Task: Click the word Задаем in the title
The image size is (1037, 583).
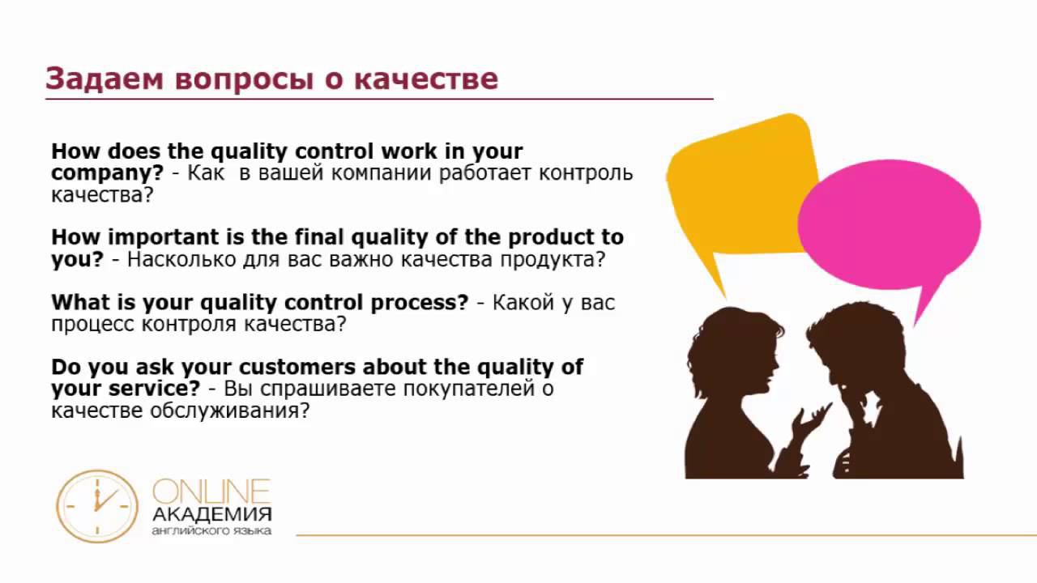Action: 105,79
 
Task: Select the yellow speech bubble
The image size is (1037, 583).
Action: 740,194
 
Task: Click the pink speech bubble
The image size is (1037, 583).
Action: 889,227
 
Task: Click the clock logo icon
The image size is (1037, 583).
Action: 97,506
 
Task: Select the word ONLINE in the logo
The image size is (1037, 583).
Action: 211,492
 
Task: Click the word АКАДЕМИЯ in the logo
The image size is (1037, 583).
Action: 211,514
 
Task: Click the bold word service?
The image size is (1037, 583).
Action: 154,388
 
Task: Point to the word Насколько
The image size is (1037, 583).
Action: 181,260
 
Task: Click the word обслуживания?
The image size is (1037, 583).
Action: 229,411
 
